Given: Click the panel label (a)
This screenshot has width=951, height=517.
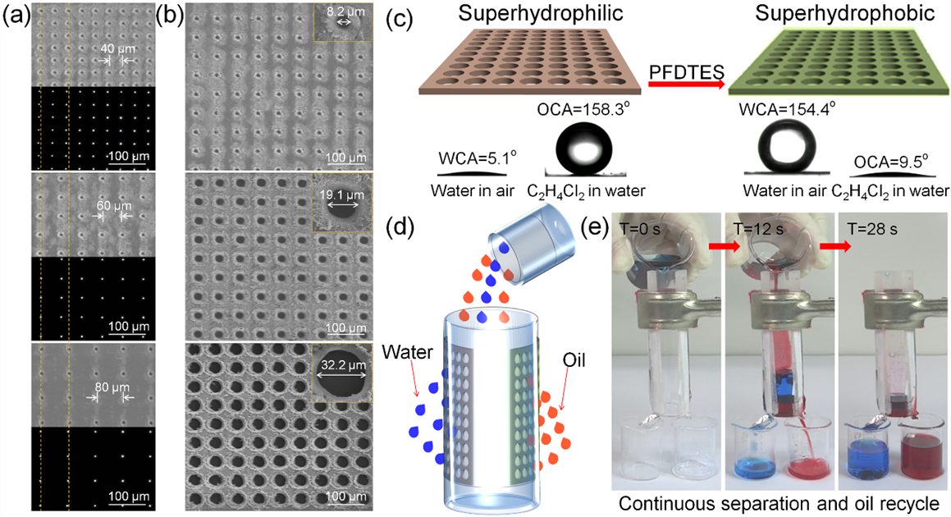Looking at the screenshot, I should (16, 16).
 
